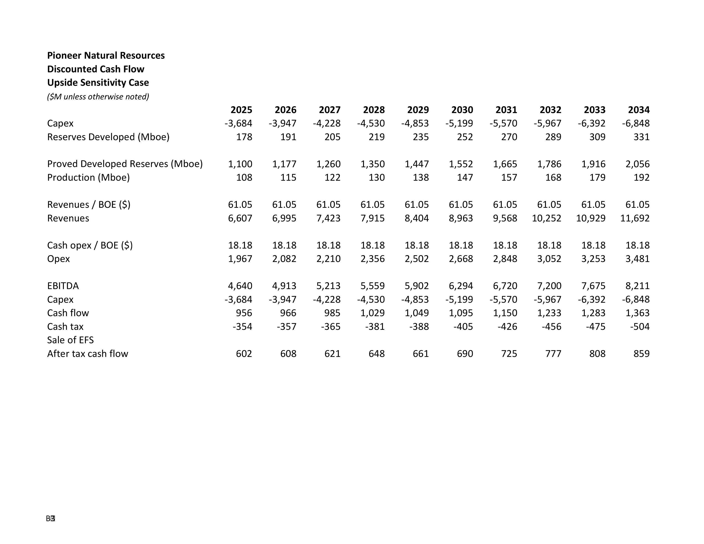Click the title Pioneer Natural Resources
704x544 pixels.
106,55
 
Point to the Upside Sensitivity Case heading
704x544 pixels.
98,83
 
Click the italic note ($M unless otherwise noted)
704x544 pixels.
98,97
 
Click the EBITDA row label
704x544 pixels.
63,286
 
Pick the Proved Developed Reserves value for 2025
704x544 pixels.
240,164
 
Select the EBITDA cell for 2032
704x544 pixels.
549,286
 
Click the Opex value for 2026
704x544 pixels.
284,259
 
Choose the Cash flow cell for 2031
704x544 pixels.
505,313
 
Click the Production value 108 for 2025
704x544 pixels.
244,177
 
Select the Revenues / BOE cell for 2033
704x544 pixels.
593,205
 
